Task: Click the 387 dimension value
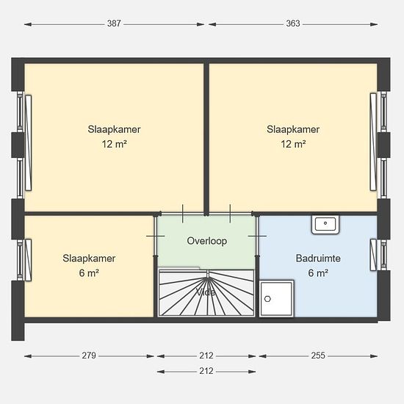point(114,24)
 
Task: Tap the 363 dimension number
point(293,24)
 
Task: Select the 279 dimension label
point(89,356)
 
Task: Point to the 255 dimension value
point(318,356)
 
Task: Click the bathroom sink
point(325,225)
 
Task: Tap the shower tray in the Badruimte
point(276,298)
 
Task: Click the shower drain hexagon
point(267,299)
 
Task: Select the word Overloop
point(207,241)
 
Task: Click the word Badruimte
point(318,258)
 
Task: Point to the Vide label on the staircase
point(206,292)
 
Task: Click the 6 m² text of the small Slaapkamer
point(89,273)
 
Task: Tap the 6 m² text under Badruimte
point(318,273)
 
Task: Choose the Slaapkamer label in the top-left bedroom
point(114,129)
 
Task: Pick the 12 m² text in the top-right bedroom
point(293,144)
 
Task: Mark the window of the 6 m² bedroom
point(24,260)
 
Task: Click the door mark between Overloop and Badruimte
point(257,236)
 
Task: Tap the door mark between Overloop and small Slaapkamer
point(156,236)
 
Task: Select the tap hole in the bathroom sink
point(325,223)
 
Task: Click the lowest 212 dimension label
point(206,371)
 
